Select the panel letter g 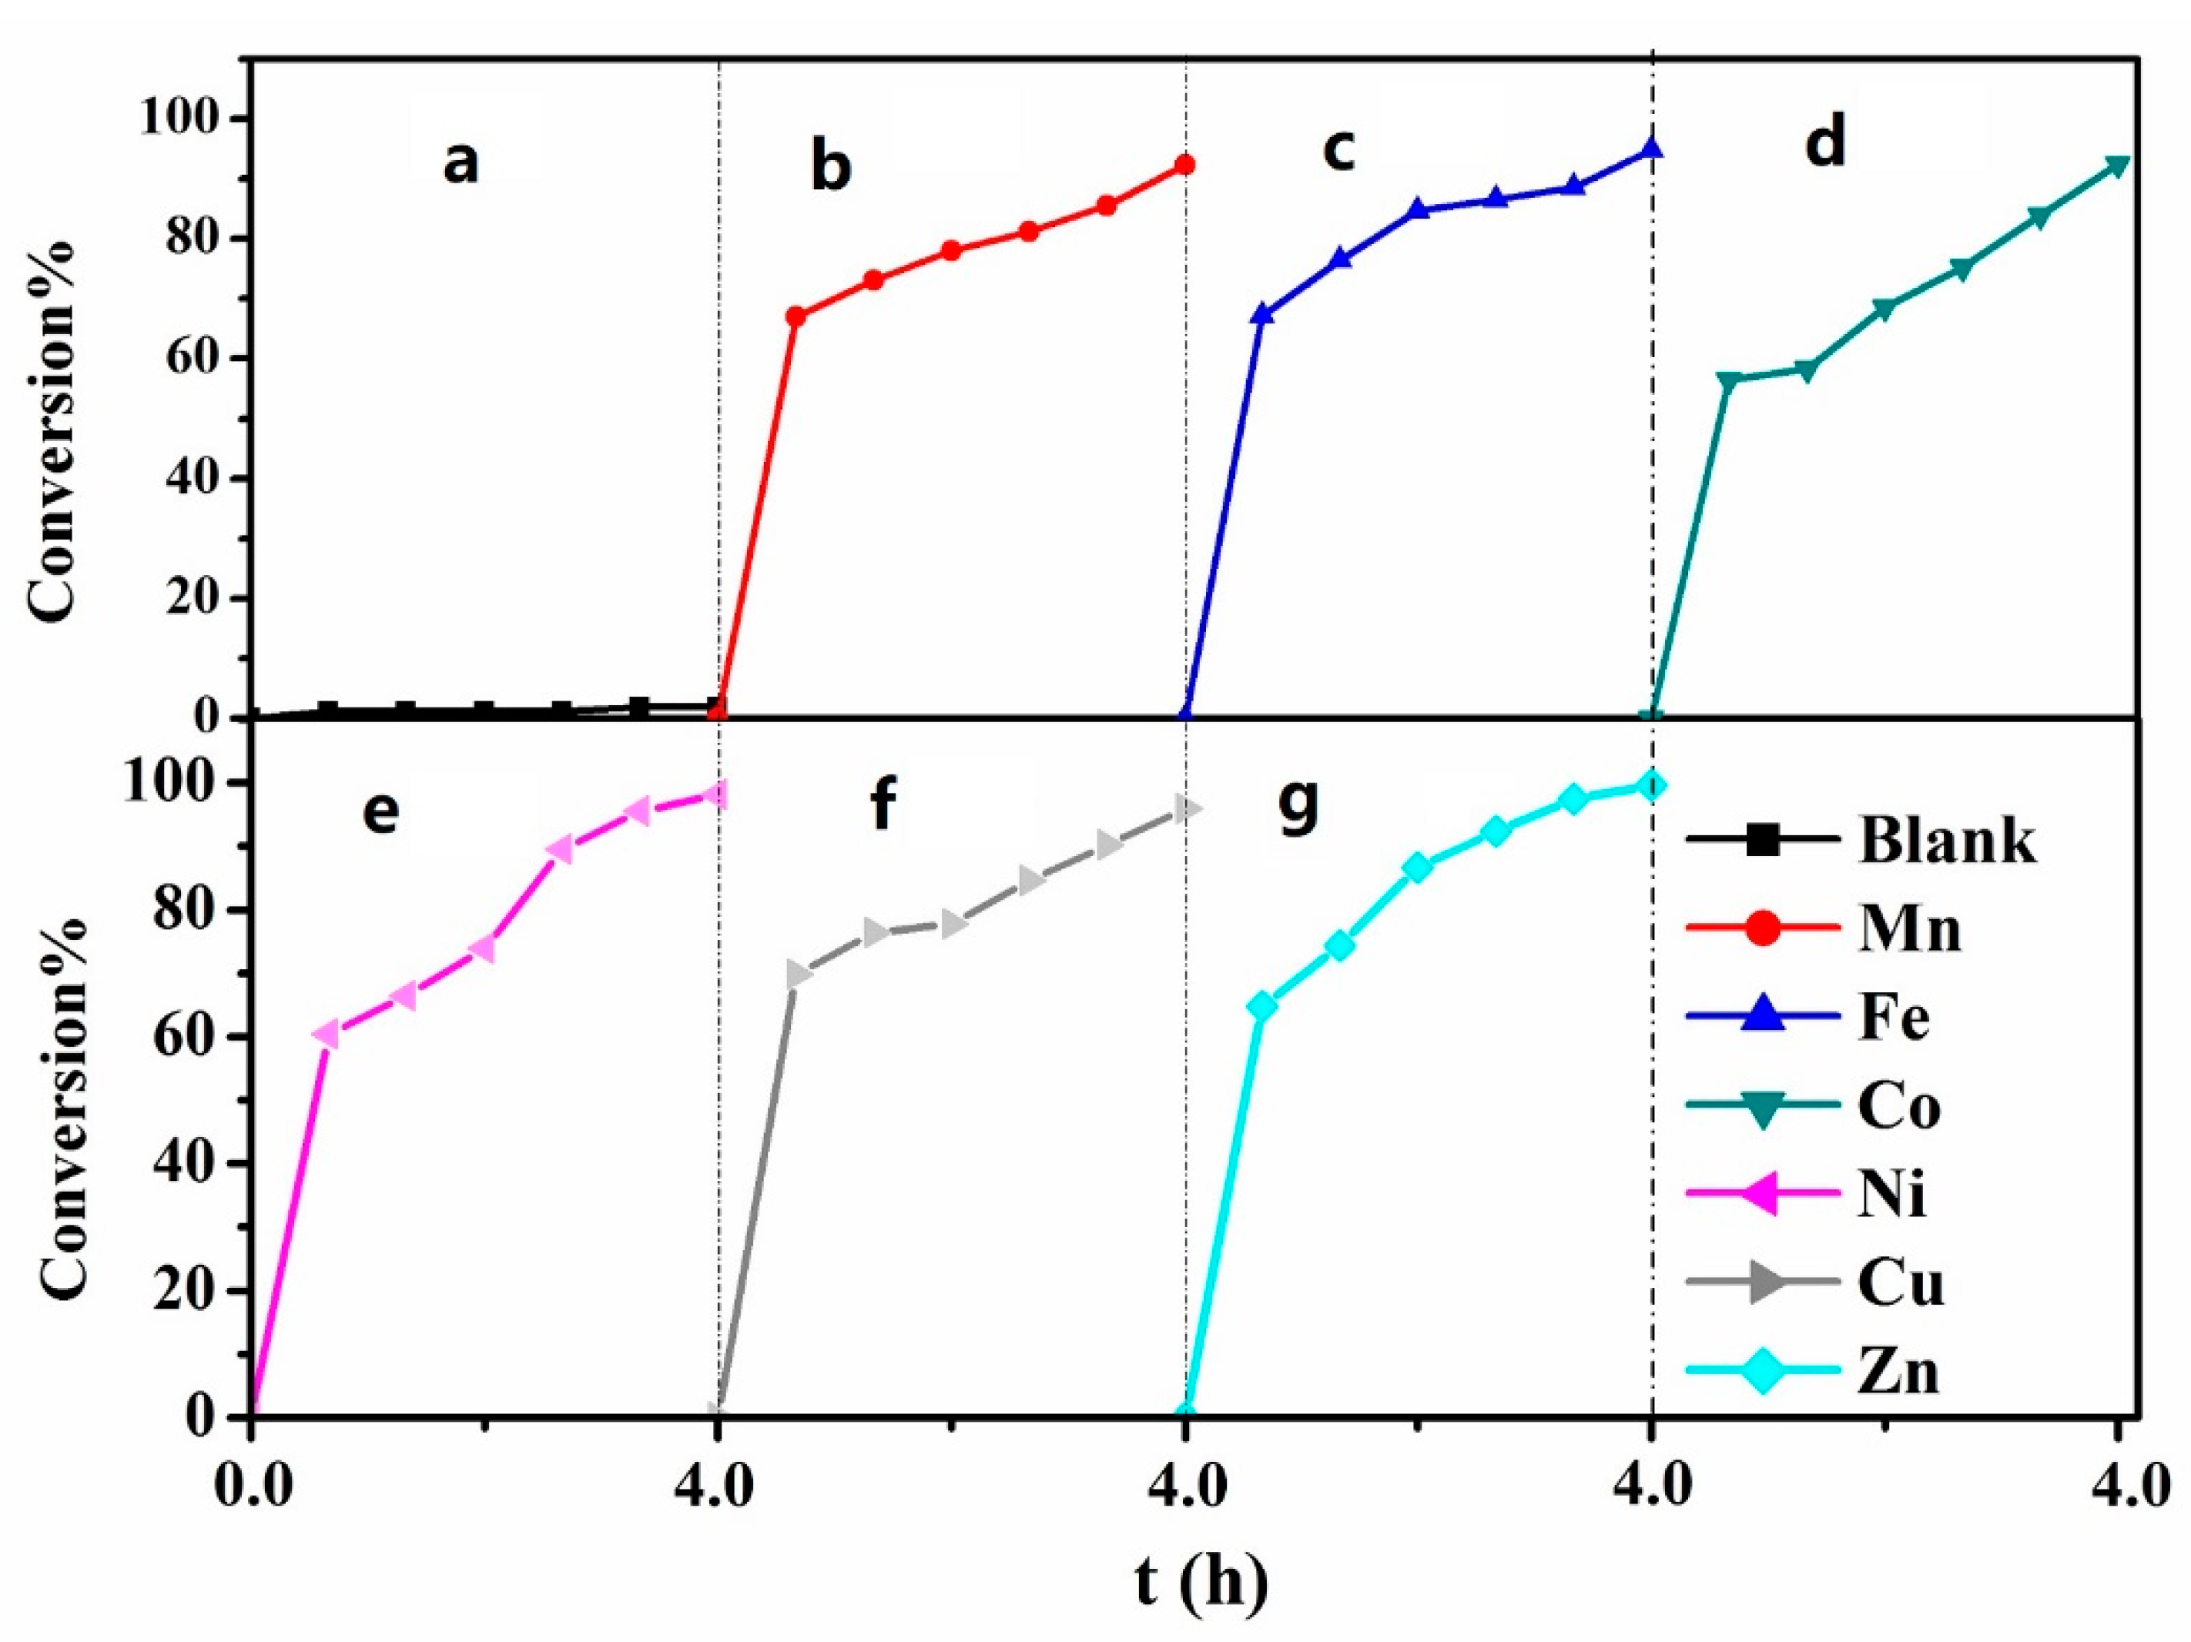tap(1298, 805)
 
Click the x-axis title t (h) tap(1200, 1583)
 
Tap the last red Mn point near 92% tap(1184, 165)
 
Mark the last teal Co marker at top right tap(2117, 166)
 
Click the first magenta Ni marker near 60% tap(327, 1034)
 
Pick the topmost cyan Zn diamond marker tap(1651, 785)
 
